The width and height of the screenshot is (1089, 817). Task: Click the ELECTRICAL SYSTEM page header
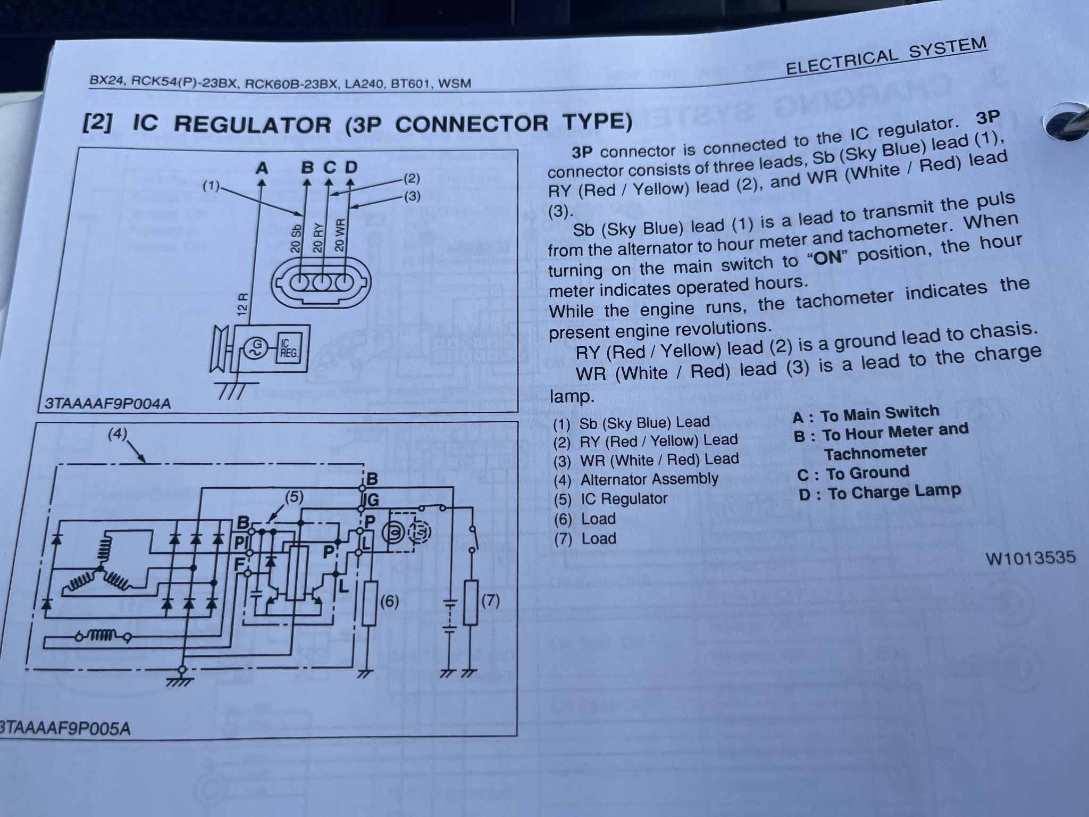pyautogui.click(x=886, y=56)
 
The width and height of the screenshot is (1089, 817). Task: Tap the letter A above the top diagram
pyautogui.click(x=262, y=169)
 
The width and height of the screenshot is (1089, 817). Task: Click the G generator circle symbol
pyautogui.click(x=253, y=349)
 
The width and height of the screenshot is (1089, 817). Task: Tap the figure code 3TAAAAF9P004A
pyautogui.click(x=107, y=404)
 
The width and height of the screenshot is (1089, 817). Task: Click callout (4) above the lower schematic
pyautogui.click(x=118, y=435)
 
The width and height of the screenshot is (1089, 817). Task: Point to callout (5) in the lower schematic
pyautogui.click(x=294, y=497)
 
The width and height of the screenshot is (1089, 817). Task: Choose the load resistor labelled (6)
pyautogui.click(x=370, y=603)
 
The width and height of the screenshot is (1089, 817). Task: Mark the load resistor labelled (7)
pyautogui.click(x=470, y=603)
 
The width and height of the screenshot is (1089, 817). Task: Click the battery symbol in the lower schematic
pyautogui.click(x=450, y=617)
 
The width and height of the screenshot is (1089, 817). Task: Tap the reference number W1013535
pyautogui.click(x=1031, y=558)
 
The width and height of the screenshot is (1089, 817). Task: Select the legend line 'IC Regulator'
pyautogui.click(x=623, y=499)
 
